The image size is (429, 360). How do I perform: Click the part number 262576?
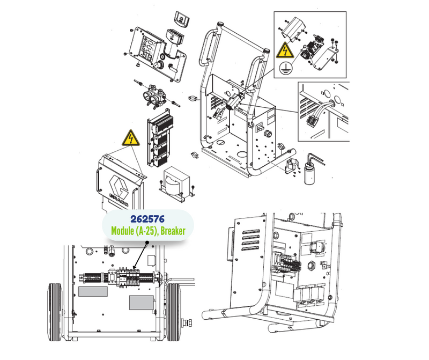tap(147, 219)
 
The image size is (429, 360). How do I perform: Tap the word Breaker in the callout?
tap(173, 231)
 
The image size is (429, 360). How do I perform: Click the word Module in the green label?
tap(122, 231)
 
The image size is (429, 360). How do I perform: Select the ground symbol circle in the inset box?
tap(285, 68)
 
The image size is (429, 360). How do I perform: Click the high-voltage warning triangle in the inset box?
tap(285, 50)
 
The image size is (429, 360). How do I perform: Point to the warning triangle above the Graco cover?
tap(131, 138)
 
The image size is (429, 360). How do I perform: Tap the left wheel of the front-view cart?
tap(55, 312)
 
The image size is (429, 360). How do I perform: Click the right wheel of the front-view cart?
tap(174, 312)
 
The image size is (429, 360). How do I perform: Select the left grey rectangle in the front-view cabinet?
tap(93, 291)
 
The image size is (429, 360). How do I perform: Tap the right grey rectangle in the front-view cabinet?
tap(141, 303)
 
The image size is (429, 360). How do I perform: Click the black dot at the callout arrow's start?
tap(147, 243)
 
